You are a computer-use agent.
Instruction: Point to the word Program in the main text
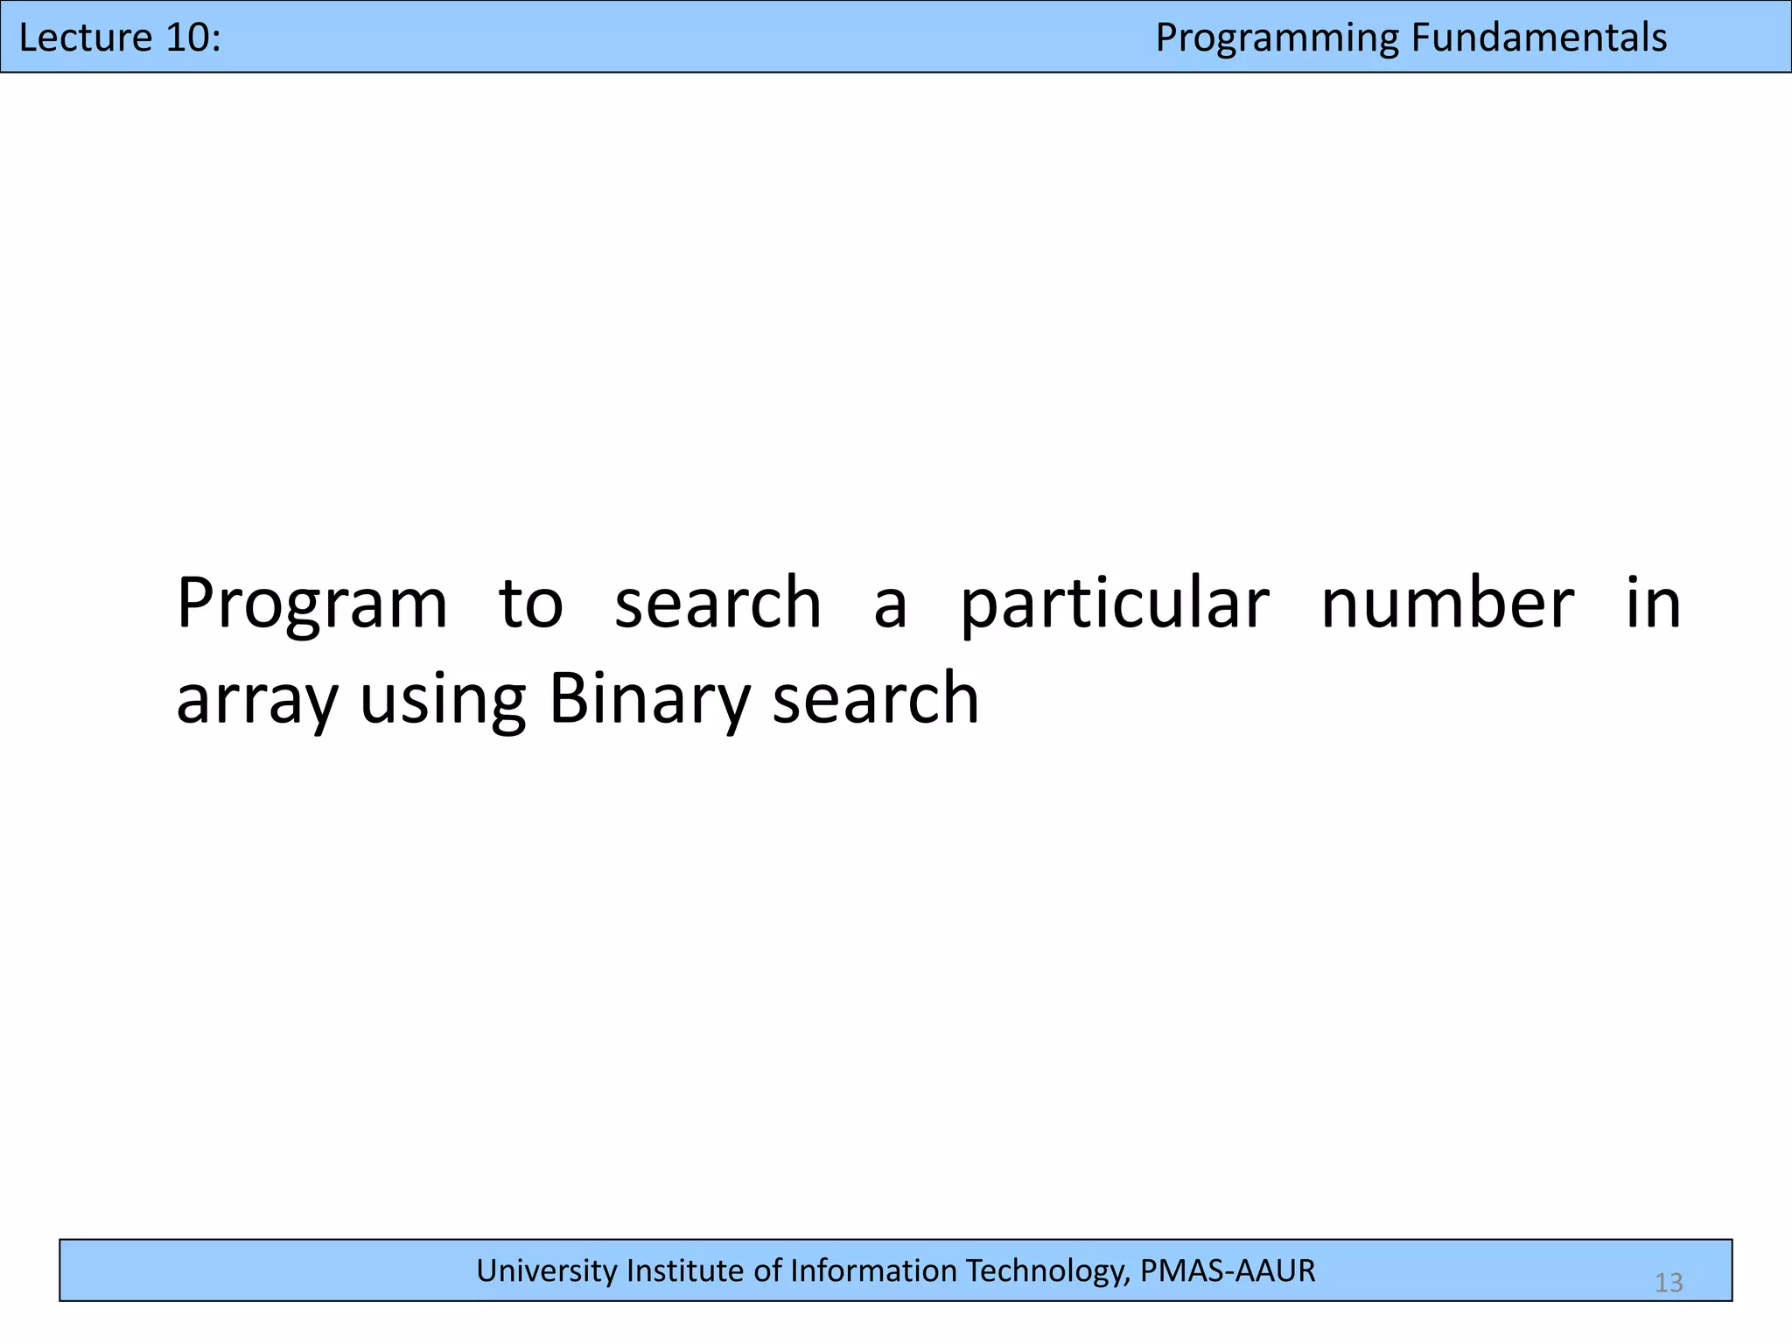[311, 604]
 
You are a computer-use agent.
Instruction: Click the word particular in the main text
[1114, 604]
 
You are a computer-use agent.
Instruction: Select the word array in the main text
[255, 700]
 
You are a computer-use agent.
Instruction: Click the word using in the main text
[443, 700]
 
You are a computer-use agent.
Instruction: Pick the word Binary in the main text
[648, 700]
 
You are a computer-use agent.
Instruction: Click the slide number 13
[1669, 1283]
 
